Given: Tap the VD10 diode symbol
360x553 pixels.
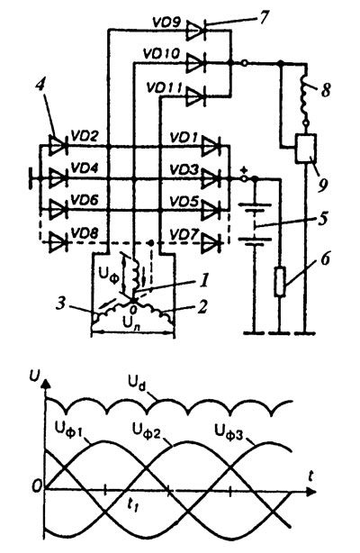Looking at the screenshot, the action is click(x=196, y=63).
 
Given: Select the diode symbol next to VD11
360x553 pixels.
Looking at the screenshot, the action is click(x=196, y=95).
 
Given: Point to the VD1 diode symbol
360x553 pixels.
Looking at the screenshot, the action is click(x=211, y=147).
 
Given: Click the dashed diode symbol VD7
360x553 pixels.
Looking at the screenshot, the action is click(x=211, y=243).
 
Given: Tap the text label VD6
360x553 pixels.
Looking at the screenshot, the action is click(x=85, y=200).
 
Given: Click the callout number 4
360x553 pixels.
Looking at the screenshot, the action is click(x=42, y=87).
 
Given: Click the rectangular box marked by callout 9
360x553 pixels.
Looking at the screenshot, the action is click(x=306, y=148).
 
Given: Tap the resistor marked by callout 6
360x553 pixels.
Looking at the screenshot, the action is click(x=280, y=282).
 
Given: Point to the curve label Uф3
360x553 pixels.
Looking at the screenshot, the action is click(x=229, y=431).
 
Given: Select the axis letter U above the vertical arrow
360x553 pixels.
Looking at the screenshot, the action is click(x=34, y=376).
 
